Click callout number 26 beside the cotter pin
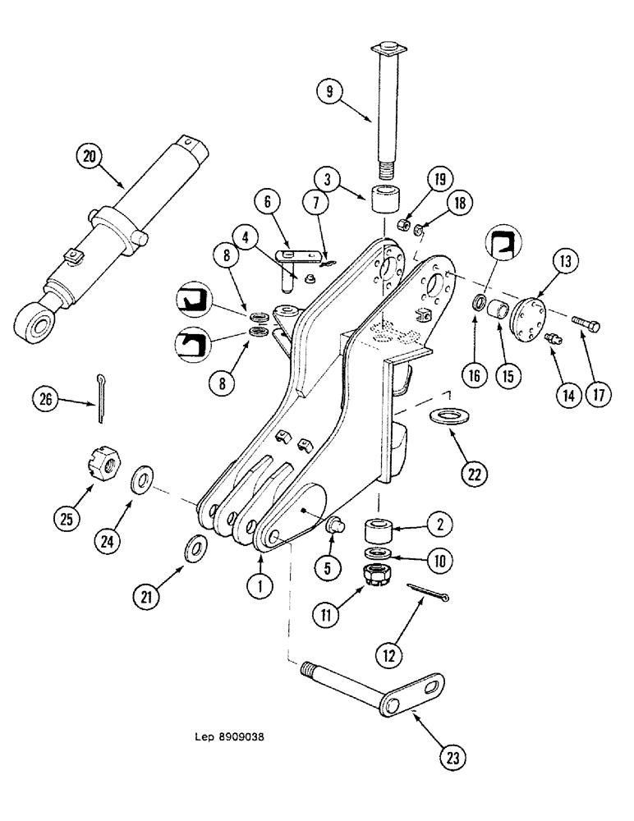47,400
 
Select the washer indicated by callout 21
196,546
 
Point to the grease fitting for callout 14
554,339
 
